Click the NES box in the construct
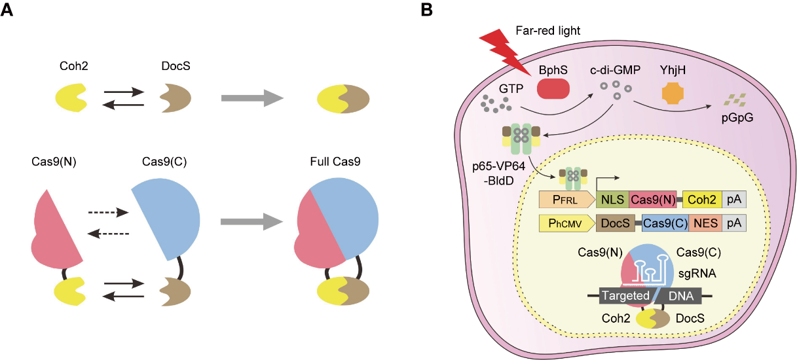tap(704, 224)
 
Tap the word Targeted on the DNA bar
tap(623, 296)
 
